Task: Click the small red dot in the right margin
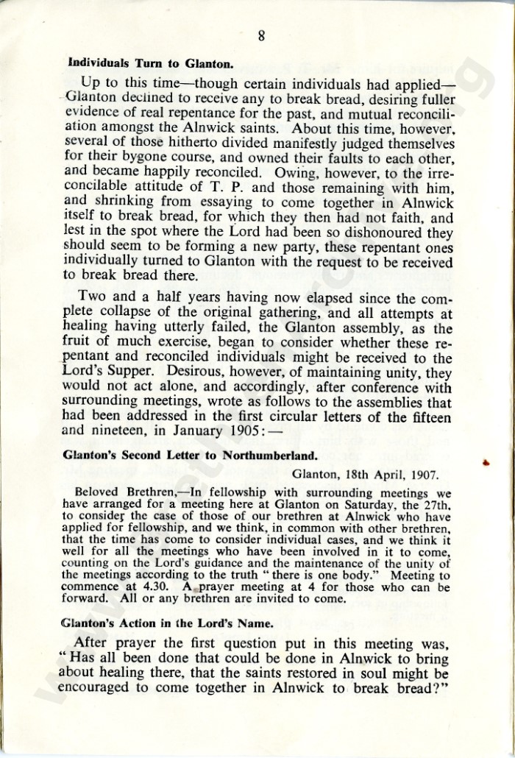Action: click(485, 462)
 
